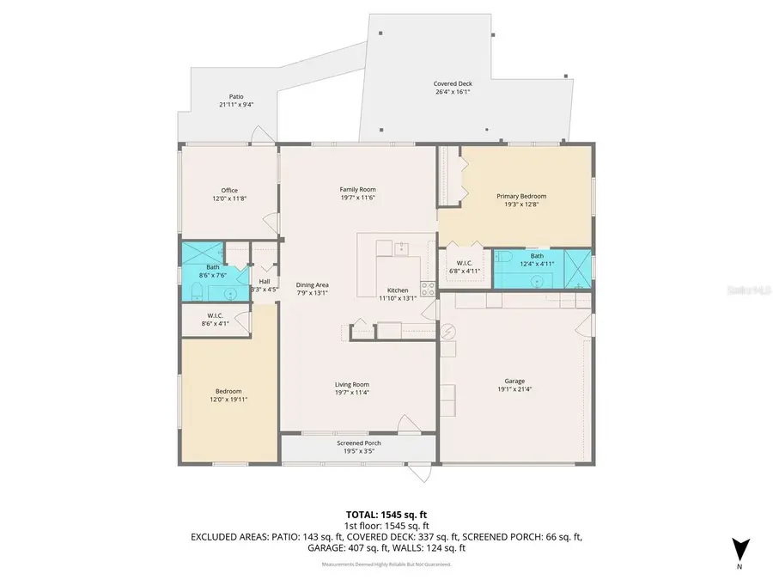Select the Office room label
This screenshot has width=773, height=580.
[x=229, y=194]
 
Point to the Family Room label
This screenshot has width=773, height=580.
[x=357, y=193]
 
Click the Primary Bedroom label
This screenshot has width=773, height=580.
[x=520, y=200]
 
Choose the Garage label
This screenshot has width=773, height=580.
[x=514, y=385]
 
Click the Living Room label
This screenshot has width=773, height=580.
[x=352, y=388]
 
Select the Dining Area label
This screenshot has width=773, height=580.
[x=313, y=289]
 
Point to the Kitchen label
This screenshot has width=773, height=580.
[x=398, y=294]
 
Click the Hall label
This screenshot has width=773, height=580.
[x=265, y=284]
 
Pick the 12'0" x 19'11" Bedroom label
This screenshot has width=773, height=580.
[x=228, y=395]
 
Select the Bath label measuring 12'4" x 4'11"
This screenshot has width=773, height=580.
[x=537, y=259]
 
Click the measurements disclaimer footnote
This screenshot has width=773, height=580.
[x=386, y=565]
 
